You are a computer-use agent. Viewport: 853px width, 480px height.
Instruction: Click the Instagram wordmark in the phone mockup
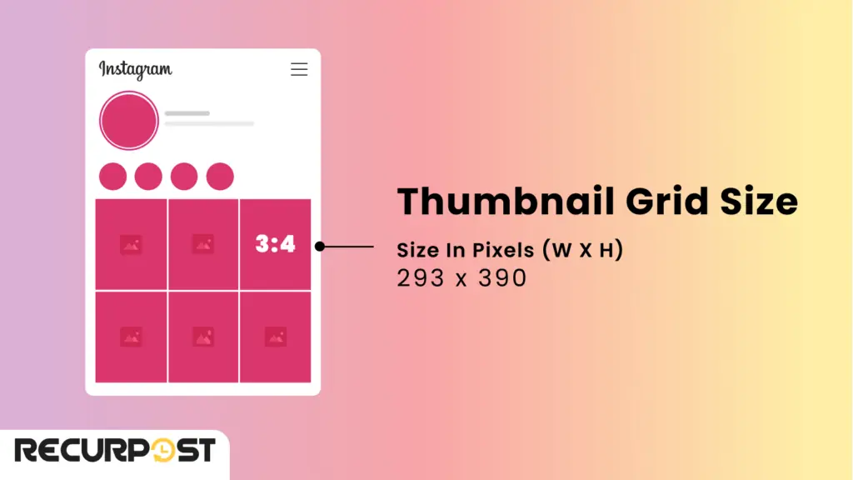point(135,69)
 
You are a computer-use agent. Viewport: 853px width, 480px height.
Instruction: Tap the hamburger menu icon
point(299,69)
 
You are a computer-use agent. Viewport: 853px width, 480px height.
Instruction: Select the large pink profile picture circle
point(128,121)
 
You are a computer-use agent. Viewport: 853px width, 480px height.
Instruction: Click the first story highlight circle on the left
point(112,177)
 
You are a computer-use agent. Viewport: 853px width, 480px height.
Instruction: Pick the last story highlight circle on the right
point(220,177)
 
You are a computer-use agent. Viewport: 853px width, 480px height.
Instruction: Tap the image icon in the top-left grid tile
point(131,244)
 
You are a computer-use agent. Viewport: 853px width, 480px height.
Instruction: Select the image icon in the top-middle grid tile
point(203,244)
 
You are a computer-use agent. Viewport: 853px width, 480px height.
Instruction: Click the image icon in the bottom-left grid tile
point(131,337)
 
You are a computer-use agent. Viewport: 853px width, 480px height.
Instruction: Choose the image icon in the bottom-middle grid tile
point(203,337)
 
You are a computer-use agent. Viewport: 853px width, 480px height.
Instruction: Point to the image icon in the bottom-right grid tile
point(276,337)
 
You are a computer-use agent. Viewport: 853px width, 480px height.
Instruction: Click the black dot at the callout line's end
point(320,246)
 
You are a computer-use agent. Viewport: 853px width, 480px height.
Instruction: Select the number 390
point(502,278)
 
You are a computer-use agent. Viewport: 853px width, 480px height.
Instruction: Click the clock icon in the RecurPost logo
point(171,451)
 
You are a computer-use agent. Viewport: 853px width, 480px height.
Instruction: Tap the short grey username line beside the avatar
point(187,113)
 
